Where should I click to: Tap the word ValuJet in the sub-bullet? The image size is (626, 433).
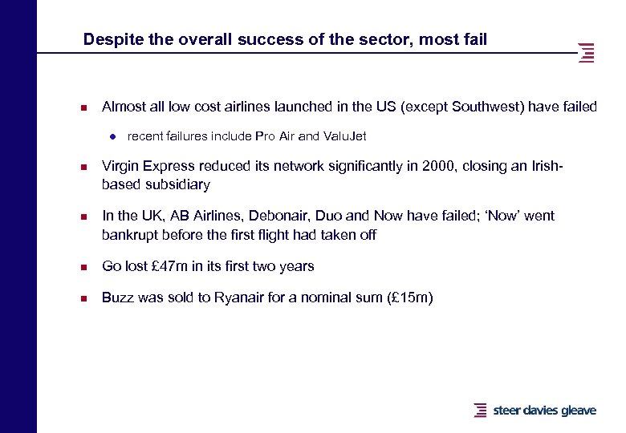point(344,136)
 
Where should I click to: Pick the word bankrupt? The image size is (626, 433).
point(132,235)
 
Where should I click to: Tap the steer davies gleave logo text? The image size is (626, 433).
point(544,410)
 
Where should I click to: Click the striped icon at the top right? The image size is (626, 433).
point(587,52)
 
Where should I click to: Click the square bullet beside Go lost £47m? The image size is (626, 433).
point(82,267)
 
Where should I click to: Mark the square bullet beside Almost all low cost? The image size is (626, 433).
point(82,107)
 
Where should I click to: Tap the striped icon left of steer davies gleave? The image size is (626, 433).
point(480,410)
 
